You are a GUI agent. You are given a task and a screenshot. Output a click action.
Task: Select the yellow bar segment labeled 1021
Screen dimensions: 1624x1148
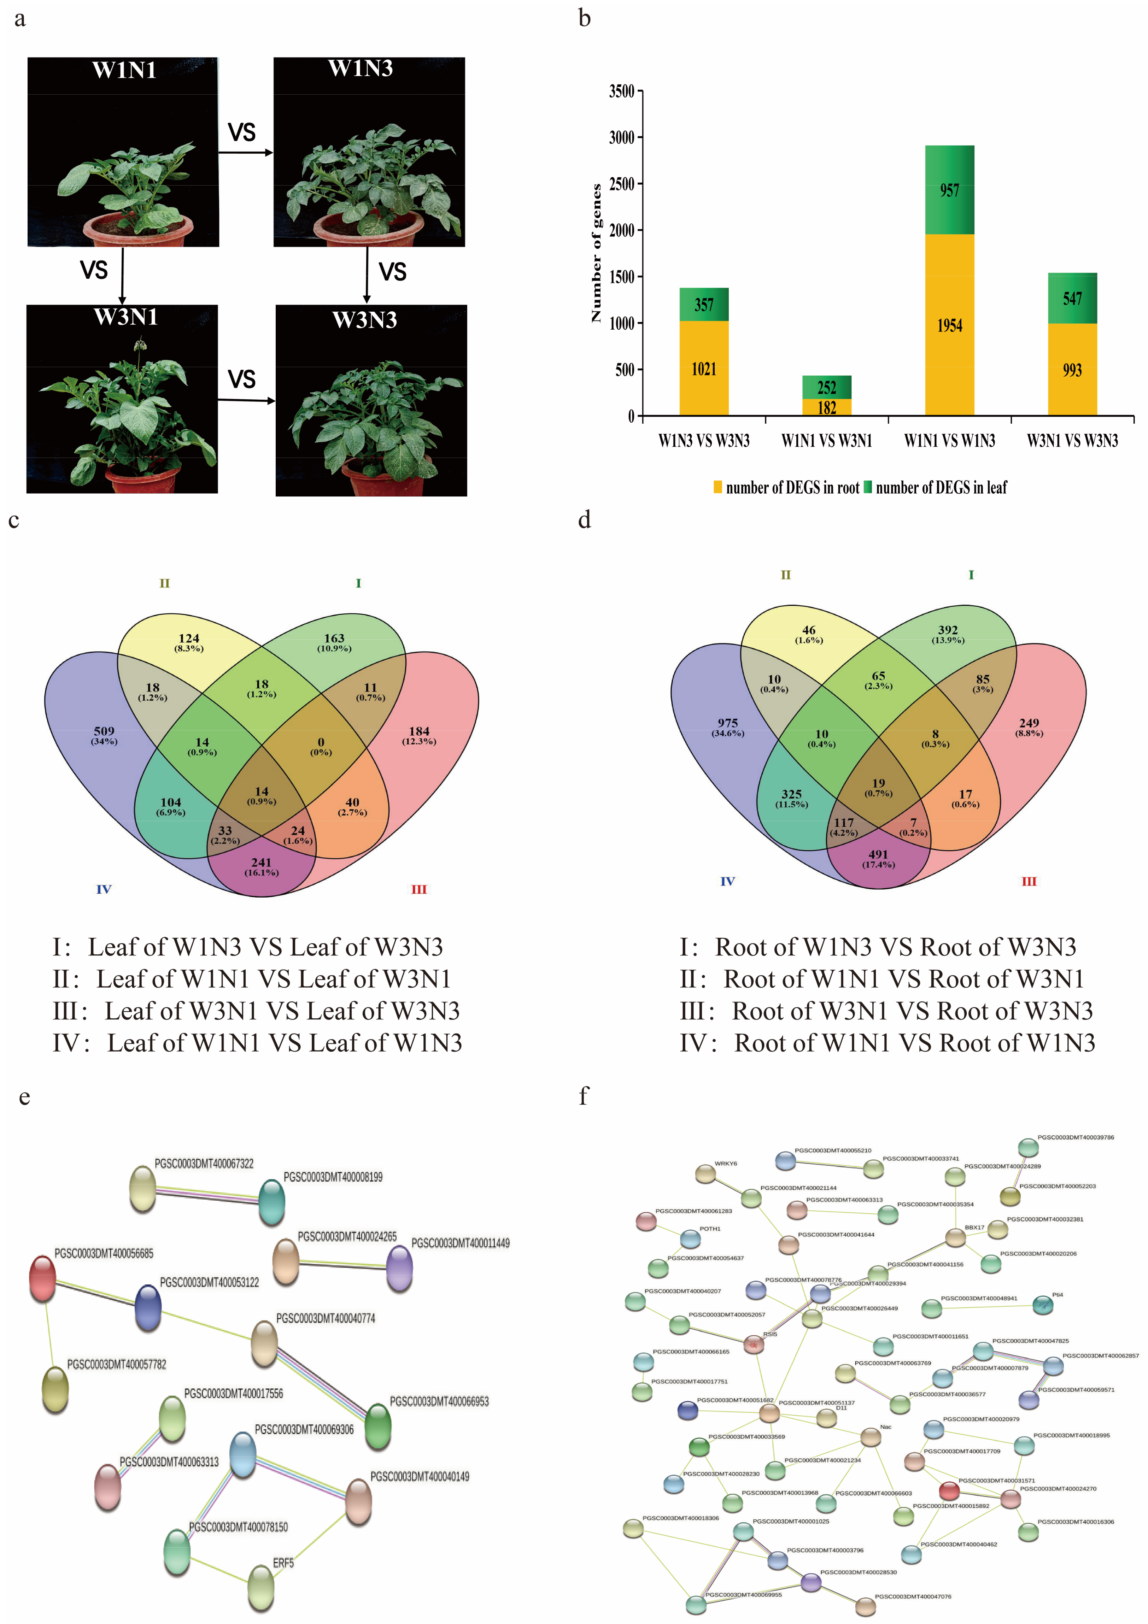tap(704, 369)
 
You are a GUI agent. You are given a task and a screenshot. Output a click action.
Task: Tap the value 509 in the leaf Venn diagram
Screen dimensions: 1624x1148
tap(104, 731)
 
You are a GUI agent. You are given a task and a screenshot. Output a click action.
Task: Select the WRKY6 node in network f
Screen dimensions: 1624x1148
tap(705, 1174)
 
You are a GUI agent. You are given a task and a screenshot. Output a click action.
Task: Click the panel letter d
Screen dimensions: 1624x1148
tap(584, 520)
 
